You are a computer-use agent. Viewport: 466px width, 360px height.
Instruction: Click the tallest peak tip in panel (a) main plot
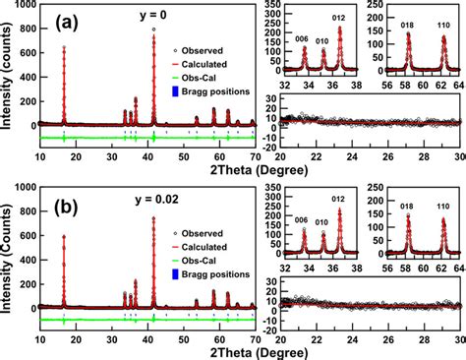(x=154, y=30)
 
